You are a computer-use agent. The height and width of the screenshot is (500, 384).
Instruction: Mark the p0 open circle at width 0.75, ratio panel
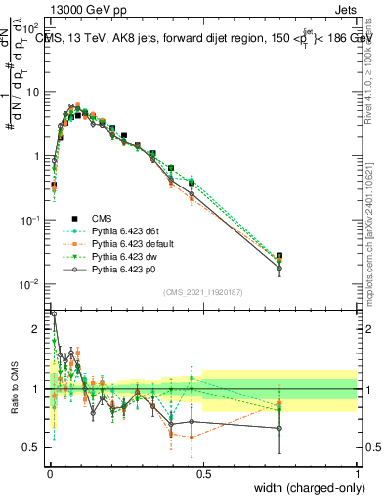pos(279,428)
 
